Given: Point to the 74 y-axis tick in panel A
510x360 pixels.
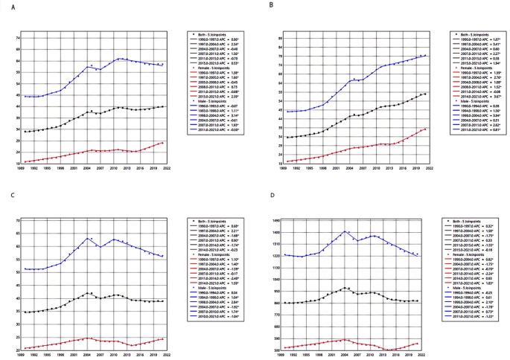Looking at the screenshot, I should tap(16, 36).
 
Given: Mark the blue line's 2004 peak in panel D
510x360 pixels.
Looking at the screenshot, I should tap(345, 231).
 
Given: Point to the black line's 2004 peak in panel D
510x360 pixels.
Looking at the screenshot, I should tap(345, 288).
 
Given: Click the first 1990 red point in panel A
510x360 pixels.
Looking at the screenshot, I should tap(26, 161).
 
